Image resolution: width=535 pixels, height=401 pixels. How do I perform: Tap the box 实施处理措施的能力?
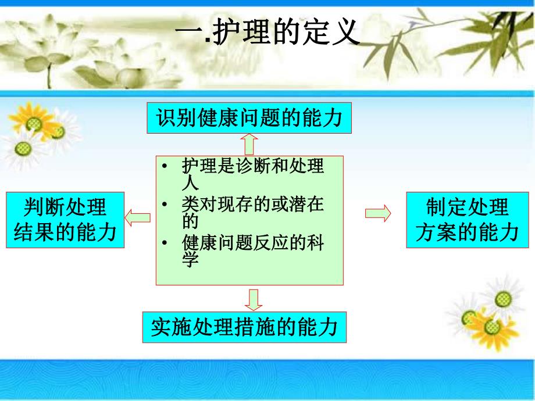(x=244, y=327)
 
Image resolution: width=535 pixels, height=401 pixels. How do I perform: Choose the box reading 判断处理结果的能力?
(x=65, y=220)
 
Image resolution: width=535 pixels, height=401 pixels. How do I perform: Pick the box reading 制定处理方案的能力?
(x=468, y=220)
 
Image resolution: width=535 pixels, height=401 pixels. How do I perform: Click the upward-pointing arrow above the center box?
(x=250, y=144)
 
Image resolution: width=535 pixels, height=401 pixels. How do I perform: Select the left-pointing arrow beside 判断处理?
(x=138, y=218)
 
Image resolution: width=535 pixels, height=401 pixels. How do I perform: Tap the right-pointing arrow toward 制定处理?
(x=377, y=213)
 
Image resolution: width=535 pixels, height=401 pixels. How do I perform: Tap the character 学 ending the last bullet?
(x=190, y=260)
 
